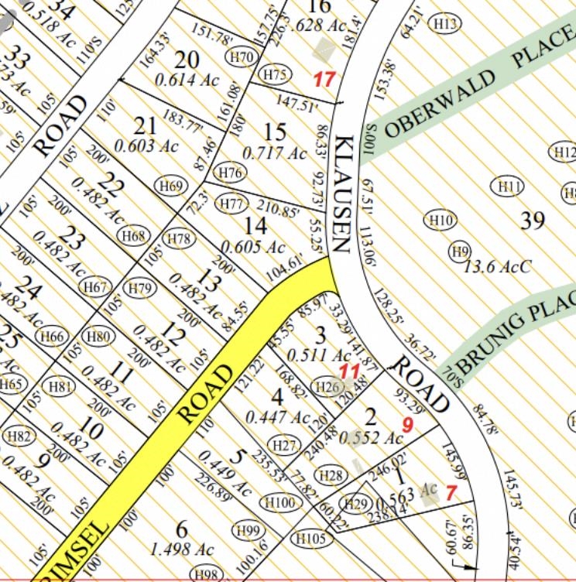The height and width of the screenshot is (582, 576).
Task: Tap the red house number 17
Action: (324, 78)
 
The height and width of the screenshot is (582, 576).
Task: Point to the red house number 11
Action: (351, 372)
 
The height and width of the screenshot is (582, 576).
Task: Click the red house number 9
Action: (408, 424)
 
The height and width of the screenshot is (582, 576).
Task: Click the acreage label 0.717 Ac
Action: (275, 153)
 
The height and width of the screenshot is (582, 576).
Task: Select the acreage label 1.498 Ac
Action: (183, 549)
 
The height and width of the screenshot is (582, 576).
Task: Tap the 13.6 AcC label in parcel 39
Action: (498, 267)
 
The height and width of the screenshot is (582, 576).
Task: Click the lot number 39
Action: (533, 221)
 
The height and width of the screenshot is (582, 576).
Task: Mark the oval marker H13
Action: (446, 24)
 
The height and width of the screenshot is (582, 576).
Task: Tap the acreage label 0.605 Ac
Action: (253, 248)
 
